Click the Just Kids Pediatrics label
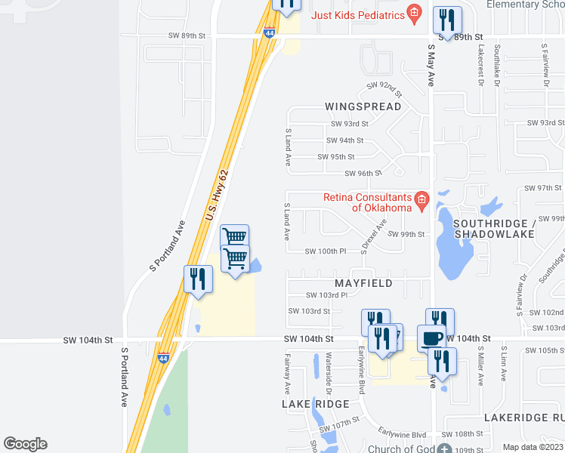(x=358, y=15)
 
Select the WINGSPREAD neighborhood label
(x=363, y=106)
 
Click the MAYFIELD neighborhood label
(x=363, y=283)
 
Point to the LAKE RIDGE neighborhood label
(x=316, y=405)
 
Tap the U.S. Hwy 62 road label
(x=216, y=195)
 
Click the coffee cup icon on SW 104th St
(x=431, y=338)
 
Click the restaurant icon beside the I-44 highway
(x=198, y=279)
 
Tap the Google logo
(x=25, y=444)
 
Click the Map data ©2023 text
(x=533, y=447)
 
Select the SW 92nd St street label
(x=384, y=89)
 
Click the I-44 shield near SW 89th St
(x=270, y=32)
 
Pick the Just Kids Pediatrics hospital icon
(x=414, y=13)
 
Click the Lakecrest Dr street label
(x=480, y=62)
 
